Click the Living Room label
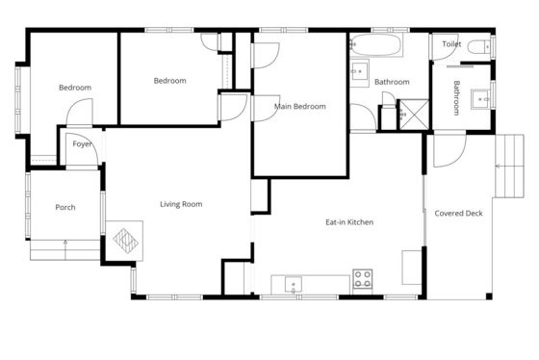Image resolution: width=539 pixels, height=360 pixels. [x=181, y=204]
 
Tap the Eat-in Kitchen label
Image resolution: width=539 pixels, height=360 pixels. [x=349, y=222]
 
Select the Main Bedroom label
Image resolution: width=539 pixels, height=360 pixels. [x=300, y=107]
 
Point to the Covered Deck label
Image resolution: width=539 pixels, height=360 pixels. [x=458, y=213]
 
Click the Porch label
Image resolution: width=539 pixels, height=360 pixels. [x=65, y=207]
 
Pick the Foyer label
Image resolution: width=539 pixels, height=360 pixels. [x=82, y=144]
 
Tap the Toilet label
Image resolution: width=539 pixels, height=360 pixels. [x=451, y=44]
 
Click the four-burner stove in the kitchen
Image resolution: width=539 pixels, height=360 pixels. [x=363, y=279]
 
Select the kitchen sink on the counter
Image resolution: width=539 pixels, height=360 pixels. [x=294, y=285]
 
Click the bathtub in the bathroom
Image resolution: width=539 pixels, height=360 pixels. [x=376, y=44]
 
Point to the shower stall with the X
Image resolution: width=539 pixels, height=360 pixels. [x=414, y=115]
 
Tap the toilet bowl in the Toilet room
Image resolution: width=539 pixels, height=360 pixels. [x=479, y=47]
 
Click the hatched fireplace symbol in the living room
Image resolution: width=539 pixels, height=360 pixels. [x=125, y=241]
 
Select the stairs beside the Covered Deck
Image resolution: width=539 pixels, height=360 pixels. [x=509, y=167]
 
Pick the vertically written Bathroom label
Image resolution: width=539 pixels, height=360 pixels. [x=456, y=98]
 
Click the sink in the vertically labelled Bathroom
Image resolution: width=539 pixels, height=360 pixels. [x=480, y=99]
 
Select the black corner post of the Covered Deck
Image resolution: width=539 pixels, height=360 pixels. [x=489, y=296]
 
